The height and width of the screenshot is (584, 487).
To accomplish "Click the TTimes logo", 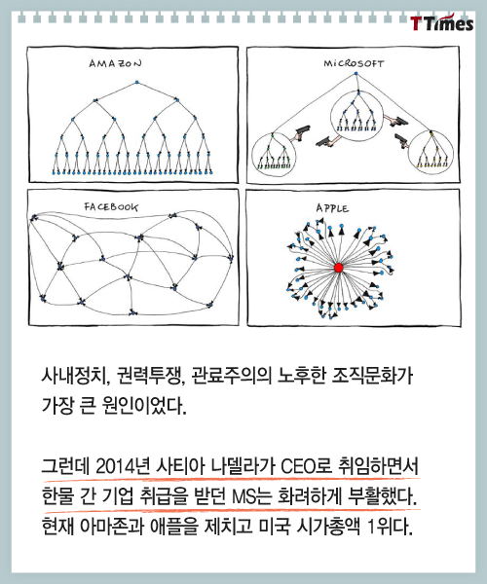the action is click(442, 22).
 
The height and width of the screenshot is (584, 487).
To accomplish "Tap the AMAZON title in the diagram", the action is click(115, 63).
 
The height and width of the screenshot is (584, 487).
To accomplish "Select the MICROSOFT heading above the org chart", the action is click(354, 63).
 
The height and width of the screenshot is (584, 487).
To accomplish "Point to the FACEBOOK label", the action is click(111, 206).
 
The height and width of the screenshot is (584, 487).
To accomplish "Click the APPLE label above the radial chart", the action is click(332, 208).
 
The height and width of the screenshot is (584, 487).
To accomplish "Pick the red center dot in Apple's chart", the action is click(338, 268).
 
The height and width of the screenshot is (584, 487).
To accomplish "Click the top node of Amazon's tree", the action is click(136, 82).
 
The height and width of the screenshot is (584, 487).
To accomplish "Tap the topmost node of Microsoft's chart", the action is click(356, 73).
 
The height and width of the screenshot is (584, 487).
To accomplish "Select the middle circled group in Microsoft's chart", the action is click(356, 116).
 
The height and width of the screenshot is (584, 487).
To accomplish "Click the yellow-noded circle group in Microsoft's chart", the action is click(431, 153).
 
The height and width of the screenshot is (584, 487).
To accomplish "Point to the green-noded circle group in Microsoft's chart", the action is click(274, 154).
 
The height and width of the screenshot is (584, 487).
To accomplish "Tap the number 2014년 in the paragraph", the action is click(122, 466).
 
